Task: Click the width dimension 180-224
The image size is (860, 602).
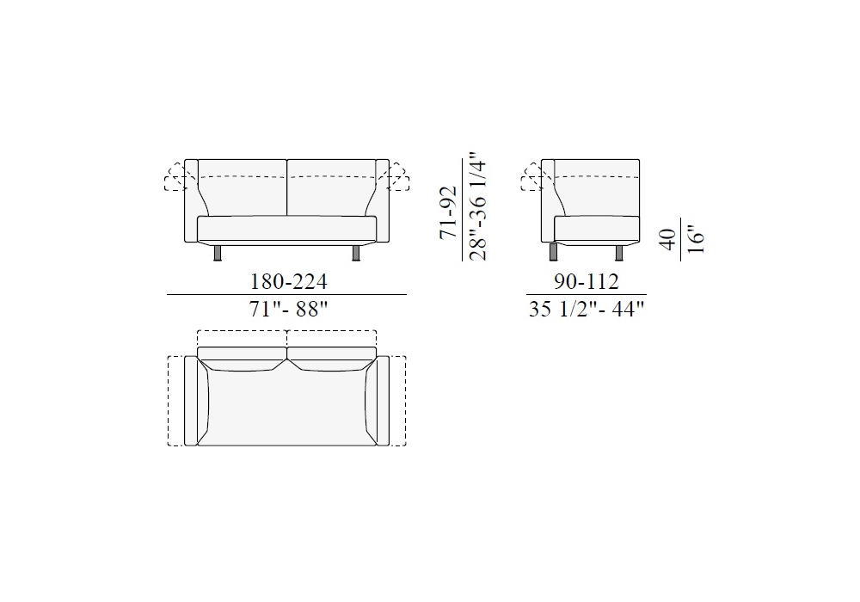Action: point(288,281)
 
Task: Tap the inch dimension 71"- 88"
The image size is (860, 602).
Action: point(288,309)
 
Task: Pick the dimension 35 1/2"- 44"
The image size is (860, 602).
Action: point(587,310)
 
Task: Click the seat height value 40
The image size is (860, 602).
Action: point(667,238)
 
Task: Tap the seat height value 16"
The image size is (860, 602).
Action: point(695,238)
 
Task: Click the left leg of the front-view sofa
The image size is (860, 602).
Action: point(218,251)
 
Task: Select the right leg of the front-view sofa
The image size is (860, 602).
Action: point(356,251)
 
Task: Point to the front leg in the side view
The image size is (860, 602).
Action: point(553,251)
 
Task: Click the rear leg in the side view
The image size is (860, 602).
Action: point(619,251)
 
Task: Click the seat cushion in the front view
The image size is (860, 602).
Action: point(287,229)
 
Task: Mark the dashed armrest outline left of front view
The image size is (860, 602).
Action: point(175,176)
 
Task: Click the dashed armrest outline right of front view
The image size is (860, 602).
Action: point(399,176)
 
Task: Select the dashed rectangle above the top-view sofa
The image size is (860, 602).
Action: point(287,338)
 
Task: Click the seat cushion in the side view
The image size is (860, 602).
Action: point(598,229)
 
